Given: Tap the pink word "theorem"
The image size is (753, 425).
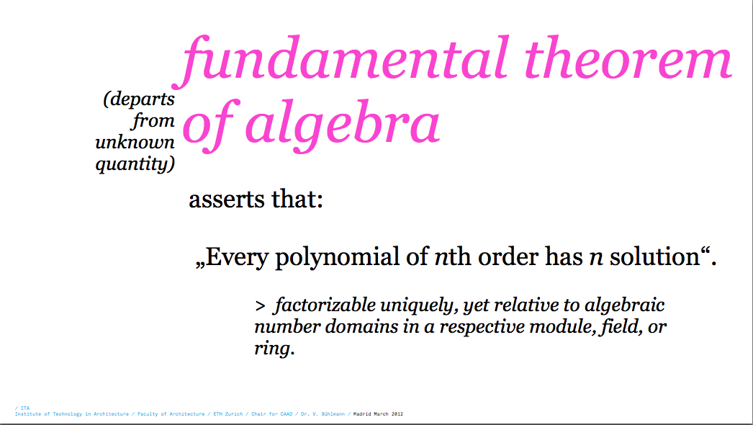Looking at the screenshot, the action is tap(628, 58).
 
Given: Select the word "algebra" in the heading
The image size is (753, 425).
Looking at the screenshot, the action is tap(343, 126).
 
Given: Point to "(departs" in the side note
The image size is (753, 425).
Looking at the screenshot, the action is tap(139, 99).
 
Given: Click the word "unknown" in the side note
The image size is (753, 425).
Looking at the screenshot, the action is tap(135, 142).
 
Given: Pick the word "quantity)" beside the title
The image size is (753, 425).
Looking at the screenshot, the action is tap(135, 164).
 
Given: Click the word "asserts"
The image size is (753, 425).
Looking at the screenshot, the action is tap(226, 199).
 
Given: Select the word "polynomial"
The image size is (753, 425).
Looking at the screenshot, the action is tap(337, 257).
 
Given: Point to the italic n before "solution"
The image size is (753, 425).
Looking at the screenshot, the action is tap(596, 259).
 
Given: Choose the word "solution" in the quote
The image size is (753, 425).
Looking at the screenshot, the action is tap(654, 256).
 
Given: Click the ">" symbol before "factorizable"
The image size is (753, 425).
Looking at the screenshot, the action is tap(261, 306).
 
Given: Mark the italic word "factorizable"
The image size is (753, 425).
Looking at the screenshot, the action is tap(325, 305).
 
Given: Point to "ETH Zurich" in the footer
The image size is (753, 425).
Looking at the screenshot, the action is tap(228, 414).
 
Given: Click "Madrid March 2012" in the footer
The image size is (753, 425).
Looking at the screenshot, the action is tap(379, 414).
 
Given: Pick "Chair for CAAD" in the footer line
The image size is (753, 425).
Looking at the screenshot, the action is tap(272, 414).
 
